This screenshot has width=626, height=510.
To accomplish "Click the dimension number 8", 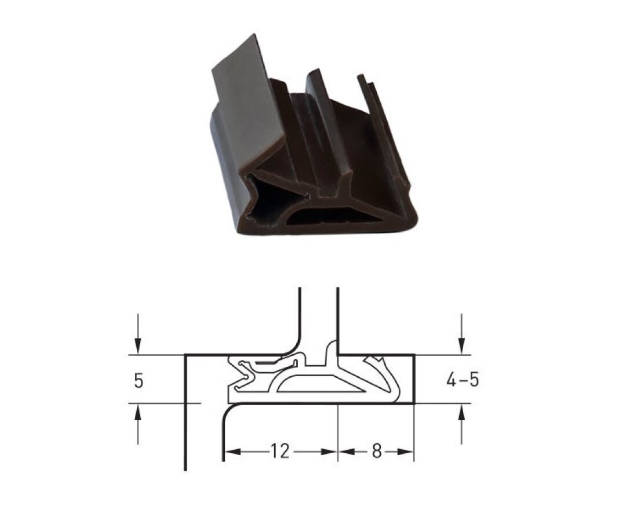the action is [377, 451].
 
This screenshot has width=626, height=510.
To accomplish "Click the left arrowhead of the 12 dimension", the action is [232, 451].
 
